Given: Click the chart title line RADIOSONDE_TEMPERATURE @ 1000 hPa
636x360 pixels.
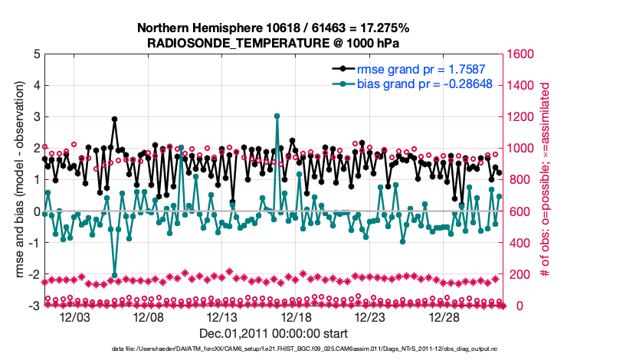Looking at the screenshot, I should pos(274,43).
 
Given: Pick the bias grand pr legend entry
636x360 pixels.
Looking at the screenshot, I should pos(391,83).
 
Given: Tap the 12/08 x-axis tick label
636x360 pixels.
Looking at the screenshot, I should pos(149,317).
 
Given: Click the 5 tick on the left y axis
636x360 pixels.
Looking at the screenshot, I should pos(35,54).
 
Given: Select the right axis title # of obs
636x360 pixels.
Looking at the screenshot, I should pos(546,180).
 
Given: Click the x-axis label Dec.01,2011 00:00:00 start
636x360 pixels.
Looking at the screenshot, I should pos(274,333).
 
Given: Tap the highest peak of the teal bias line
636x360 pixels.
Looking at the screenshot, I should pos(277,116).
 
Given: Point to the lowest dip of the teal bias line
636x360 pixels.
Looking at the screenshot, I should pos(114,275).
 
